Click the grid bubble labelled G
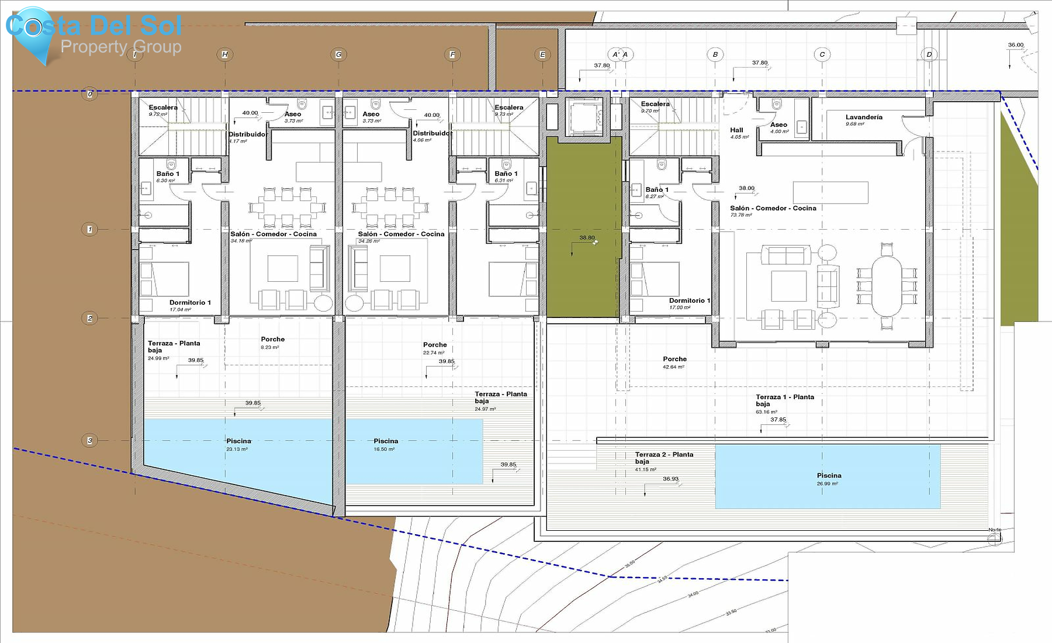pyautogui.click(x=338, y=54)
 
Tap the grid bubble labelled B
pyautogui.click(x=715, y=54)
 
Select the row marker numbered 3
pyautogui.click(x=89, y=440)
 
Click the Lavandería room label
pyautogui.click(x=864, y=117)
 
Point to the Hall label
pyautogui.click(x=736, y=130)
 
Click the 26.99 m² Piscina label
pyautogui.click(x=829, y=476)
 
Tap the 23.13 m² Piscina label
pyautogui.click(x=238, y=441)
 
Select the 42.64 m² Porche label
pyautogui.click(x=674, y=359)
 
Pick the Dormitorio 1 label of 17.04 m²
pyautogui.click(x=190, y=303)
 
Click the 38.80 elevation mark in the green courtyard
pyautogui.click(x=587, y=238)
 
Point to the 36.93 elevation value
pyautogui.click(x=670, y=479)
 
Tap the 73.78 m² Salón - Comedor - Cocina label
pyautogui.click(x=773, y=208)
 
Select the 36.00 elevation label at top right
pyautogui.click(x=1016, y=45)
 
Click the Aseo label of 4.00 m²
pyautogui.click(x=778, y=125)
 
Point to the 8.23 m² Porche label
pyautogui.click(x=272, y=340)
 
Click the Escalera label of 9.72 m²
pyautogui.click(x=163, y=108)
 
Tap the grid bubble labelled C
pyautogui.click(x=822, y=54)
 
